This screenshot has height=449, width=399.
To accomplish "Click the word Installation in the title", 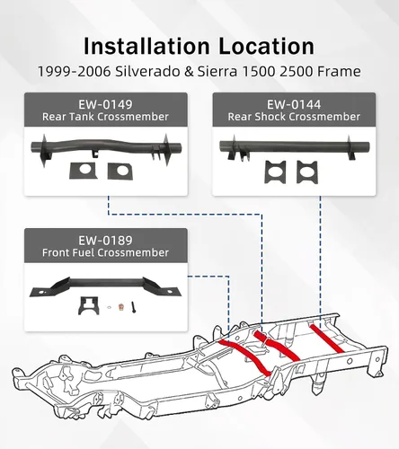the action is click(x=146, y=46).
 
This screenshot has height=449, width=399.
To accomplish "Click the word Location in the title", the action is click(x=266, y=46).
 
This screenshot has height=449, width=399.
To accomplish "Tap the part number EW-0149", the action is click(x=105, y=104).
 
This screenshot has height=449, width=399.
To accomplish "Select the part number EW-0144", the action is click(x=294, y=104).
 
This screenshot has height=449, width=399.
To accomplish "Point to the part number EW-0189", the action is click(x=105, y=241).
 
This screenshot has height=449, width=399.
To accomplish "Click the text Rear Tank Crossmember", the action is click(x=105, y=117).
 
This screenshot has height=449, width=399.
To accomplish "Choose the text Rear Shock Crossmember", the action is click(x=294, y=117).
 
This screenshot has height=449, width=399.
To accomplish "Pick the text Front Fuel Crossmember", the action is click(x=105, y=252).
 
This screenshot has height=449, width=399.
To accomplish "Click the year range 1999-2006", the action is click(x=75, y=72).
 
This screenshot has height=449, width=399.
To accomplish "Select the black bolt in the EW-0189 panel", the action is click(x=133, y=307).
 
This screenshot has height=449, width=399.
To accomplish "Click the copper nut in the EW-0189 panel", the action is click(x=121, y=307).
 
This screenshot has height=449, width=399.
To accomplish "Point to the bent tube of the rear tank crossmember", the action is click(x=106, y=145).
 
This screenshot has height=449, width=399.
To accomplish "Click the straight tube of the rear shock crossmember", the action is click(x=294, y=146).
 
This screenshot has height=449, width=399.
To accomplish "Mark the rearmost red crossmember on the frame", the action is click(x=326, y=338).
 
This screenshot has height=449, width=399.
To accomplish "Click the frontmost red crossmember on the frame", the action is click(x=245, y=357).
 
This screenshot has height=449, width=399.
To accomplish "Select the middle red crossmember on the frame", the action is click(x=277, y=346).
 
